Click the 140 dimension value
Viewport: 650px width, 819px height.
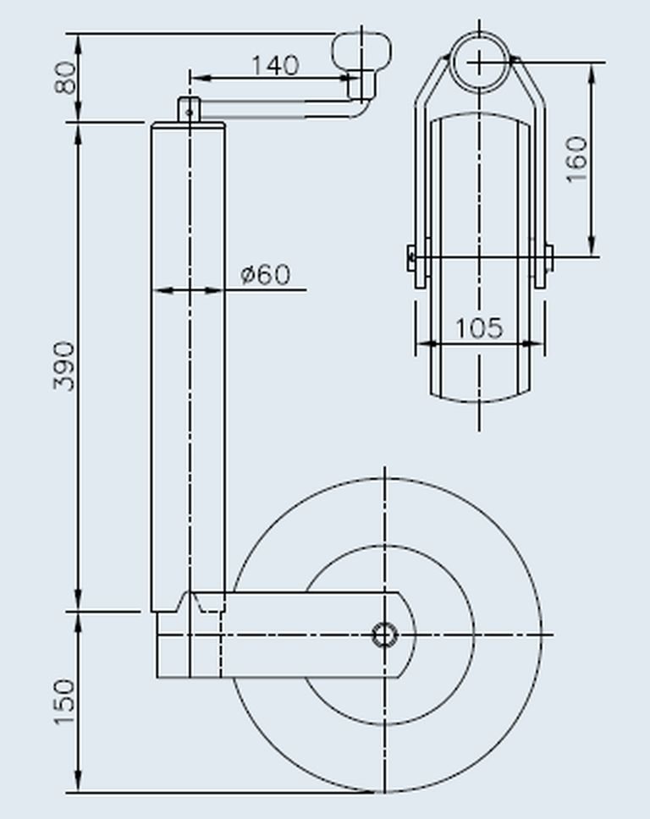tap(275, 65)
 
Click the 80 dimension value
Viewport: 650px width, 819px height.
tap(65, 78)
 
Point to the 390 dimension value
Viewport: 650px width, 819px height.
tap(65, 366)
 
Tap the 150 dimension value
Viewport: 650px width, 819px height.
tap(65, 701)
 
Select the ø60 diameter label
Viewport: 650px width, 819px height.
tap(266, 274)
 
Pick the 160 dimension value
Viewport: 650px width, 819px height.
tap(577, 159)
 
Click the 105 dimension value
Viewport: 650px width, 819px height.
tap(479, 328)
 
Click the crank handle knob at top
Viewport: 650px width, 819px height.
tap(361, 50)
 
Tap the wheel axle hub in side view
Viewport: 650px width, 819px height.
tap(385, 635)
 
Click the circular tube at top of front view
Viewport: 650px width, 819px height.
tap(480, 62)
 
